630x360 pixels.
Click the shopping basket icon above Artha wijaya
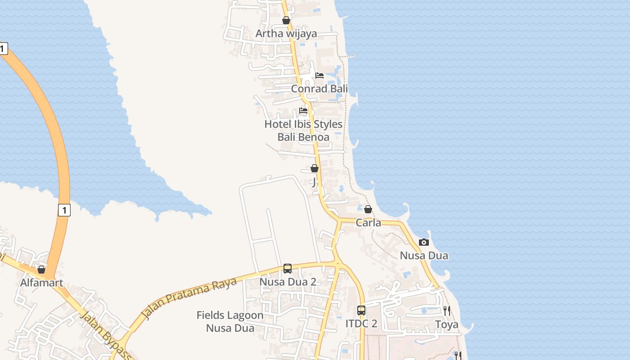pyautogui.click(x=286, y=20)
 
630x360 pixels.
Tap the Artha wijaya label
pyautogui.click(x=286, y=34)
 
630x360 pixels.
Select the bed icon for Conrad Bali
pyautogui.click(x=319, y=76)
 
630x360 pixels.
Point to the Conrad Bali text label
pyautogui.click(x=319, y=89)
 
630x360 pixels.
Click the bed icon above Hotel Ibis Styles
pyautogui.click(x=303, y=111)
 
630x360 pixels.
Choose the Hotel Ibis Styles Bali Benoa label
pyautogui.click(x=303, y=130)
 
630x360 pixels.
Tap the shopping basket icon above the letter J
pyautogui.click(x=315, y=168)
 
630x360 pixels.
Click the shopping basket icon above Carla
pyautogui.click(x=368, y=209)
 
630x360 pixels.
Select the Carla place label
pyautogui.click(x=369, y=223)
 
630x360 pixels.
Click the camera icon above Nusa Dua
pyautogui.click(x=424, y=243)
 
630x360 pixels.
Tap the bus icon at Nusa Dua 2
pyautogui.click(x=288, y=269)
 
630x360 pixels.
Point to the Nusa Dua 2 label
pyautogui.click(x=288, y=282)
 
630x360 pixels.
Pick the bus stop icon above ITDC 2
pyautogui.click(x=361, y=310)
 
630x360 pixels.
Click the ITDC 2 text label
pyautogui.click(x=361, y=324)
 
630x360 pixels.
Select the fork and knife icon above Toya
pyautogui.click(x=447, y=310)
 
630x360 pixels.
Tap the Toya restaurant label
pyautogui.click(x=447, y=324)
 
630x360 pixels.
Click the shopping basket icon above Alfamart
pyautogui.click(x=41, y=270)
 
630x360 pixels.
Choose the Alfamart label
pyautogui.click(x=42, y=283)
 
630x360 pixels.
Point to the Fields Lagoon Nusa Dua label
pyautogui.click(x=230, y=321)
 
